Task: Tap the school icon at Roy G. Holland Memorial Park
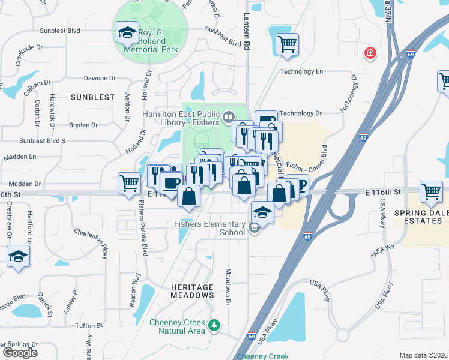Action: pos(127,33)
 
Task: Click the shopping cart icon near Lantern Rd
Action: pos(287,44)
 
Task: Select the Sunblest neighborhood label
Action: pos(92,97)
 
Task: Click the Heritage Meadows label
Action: pos(192,291)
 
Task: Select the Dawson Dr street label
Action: pos(100,78)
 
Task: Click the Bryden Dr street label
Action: pos(83,125)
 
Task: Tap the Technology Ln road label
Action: pos(301,71)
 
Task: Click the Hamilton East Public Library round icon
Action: pos(228,116)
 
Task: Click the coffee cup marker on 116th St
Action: pos(171,182)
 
